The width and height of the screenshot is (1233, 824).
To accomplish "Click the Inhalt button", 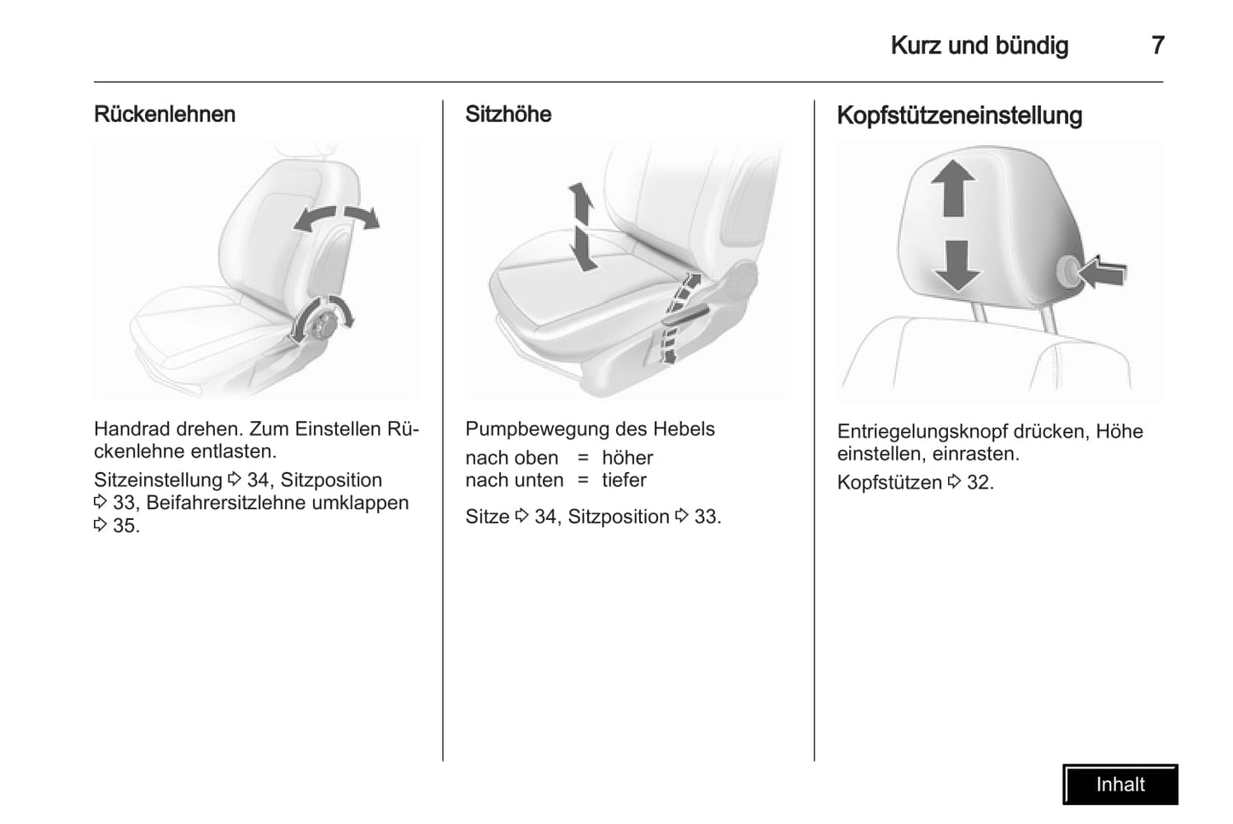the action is tap(1120, 785).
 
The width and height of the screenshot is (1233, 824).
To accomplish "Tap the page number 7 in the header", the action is tap(1158, 45).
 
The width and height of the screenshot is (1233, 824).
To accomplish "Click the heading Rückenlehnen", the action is tap(165, 114).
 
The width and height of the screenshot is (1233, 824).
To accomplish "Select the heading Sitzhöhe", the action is tap(508, 114).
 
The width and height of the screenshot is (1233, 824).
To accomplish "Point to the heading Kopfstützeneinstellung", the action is tap(959, 115).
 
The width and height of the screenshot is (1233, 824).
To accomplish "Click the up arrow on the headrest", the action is tap(953, 188).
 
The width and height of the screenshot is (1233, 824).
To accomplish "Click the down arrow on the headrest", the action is tap(957, 266).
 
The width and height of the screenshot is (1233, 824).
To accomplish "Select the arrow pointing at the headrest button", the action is tap(1102, 272).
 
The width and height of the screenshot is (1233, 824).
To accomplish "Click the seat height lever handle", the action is tap(686, 318).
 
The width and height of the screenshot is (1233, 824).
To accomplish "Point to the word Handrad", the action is tap(131, 429).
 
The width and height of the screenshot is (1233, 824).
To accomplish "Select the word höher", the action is tap(627, 458).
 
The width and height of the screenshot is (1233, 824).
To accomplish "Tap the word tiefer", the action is tap(625, 480).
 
